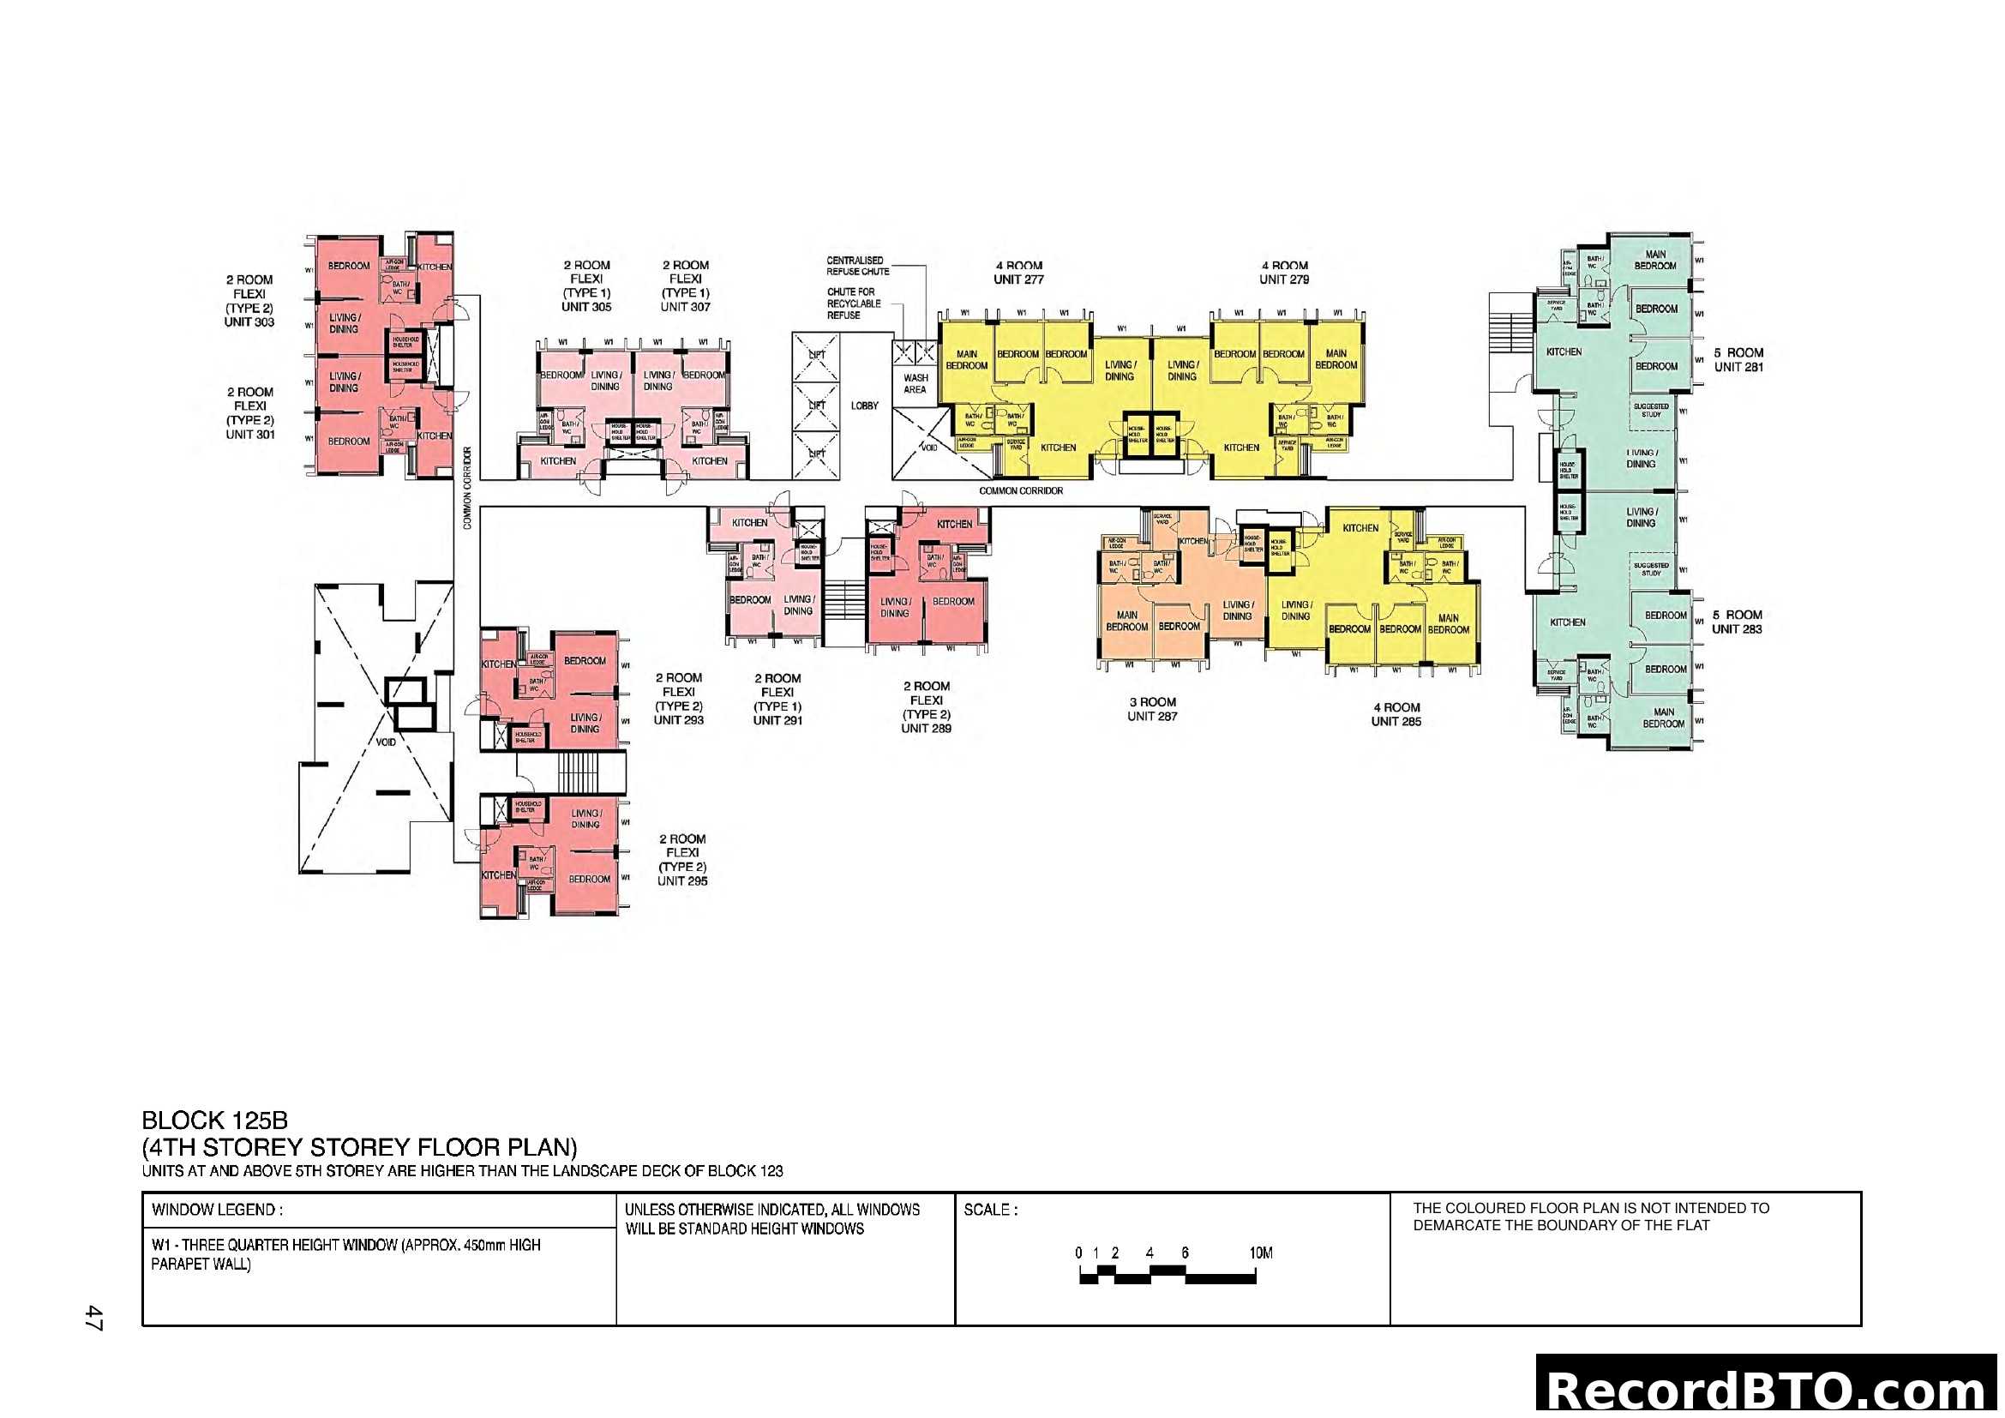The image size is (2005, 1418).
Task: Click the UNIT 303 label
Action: point(249,322)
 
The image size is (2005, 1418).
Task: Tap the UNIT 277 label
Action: point(1018,279)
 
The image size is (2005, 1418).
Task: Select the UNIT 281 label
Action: point(1738,367)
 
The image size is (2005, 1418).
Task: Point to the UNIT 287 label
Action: point(1152,716)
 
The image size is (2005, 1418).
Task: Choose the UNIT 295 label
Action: point(682,881)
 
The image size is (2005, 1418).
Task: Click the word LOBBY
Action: point(865,406)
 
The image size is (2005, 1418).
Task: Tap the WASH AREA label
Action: point(915,384)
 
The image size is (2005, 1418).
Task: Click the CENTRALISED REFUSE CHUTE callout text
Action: point(857,267)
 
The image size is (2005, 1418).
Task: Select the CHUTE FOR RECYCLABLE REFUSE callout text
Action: point(853,303)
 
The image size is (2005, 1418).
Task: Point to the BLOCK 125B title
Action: point(215,1121)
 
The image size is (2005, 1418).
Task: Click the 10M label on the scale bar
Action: point(1261,1253)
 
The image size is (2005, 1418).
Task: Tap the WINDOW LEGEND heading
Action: point(217,1211)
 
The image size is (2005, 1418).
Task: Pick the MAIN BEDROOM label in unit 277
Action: point(967,360)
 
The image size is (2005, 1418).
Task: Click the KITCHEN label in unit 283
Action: point(1568,622)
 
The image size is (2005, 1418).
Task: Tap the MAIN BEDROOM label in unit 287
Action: point(1126,621)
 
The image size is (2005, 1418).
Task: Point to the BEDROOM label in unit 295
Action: point(590,880)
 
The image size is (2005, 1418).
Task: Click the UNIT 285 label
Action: point(1396,721)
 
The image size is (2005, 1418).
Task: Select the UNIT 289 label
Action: point(926,728)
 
